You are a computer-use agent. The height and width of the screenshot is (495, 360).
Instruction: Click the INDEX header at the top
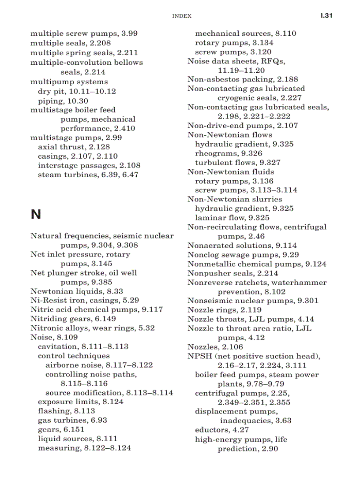click(x=181, y=16)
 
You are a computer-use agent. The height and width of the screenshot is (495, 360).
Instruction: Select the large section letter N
click(x=36, y=215)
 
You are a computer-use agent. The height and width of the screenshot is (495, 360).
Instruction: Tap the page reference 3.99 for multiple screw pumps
click(x=129, y=33)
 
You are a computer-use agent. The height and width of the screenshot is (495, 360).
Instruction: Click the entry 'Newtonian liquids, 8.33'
click(x=76, y=291)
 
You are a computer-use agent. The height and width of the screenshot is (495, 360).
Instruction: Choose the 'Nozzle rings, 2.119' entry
click(x=224, y=310)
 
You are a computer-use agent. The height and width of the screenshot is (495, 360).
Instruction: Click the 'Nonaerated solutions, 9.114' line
click(x=242, y=246)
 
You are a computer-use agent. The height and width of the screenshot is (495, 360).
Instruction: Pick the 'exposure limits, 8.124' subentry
click(x=80, y=402)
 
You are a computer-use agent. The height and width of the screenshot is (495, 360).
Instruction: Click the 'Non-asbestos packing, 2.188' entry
click(x=243, y=79)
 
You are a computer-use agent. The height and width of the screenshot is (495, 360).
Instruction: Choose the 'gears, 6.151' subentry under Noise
click(x=61, y=430)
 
